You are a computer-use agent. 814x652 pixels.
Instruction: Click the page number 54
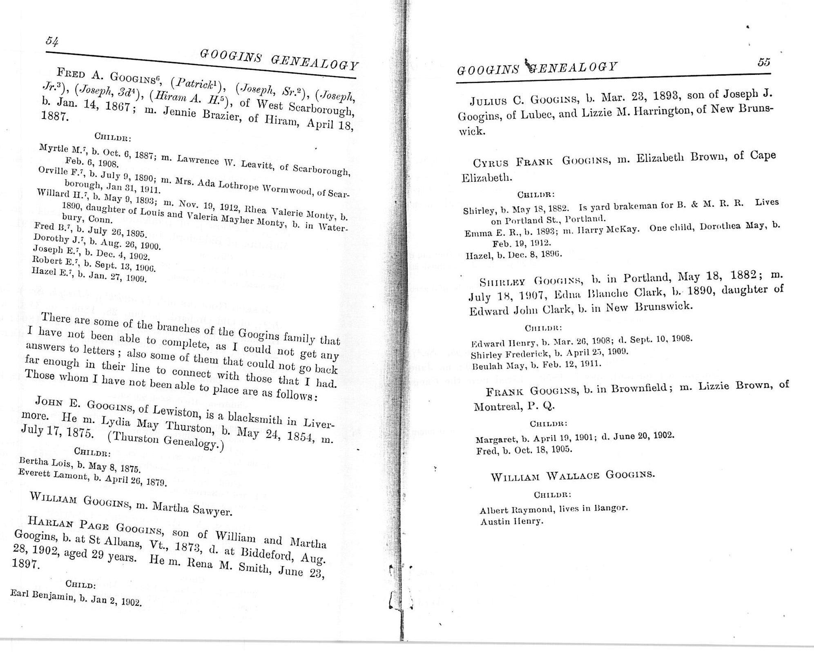52,41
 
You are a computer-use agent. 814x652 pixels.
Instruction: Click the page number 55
763,62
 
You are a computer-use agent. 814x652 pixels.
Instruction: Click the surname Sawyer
212,510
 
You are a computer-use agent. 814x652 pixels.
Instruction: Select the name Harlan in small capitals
49,522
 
